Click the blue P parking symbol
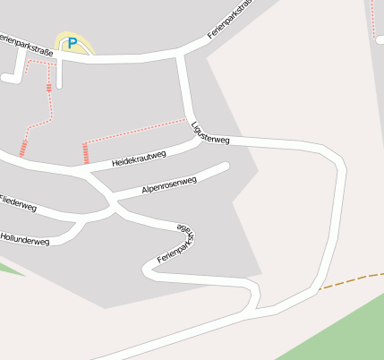pyautogui.click(x=73, y=42)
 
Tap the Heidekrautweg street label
pyautogui.click(x=140, y=159)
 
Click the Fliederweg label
pyautogui.click(x=18, y=203)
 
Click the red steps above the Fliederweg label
pyautogui.click(x=23, y=148)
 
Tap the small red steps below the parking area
pyautogui.click(x=48, y=88)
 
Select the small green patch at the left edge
pyautogui.click(x=7, y=267)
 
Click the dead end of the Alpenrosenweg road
pyautogui.click(x=226, y=166)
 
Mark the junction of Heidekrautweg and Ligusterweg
pyautogui.click(x=196, y=140)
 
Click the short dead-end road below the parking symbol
pyautogui.click(x=59, y=75)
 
